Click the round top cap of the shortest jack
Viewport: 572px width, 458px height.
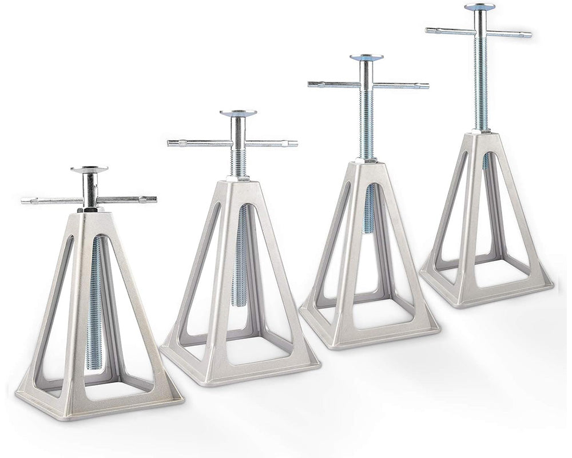tap(89, 169)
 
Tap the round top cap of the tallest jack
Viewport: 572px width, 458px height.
tap(479, 7)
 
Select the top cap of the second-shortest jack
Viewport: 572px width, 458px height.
tap(238, 113)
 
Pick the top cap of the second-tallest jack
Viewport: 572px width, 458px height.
tap(366, 57)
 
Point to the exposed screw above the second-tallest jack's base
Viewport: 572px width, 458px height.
tap(367, 126)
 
